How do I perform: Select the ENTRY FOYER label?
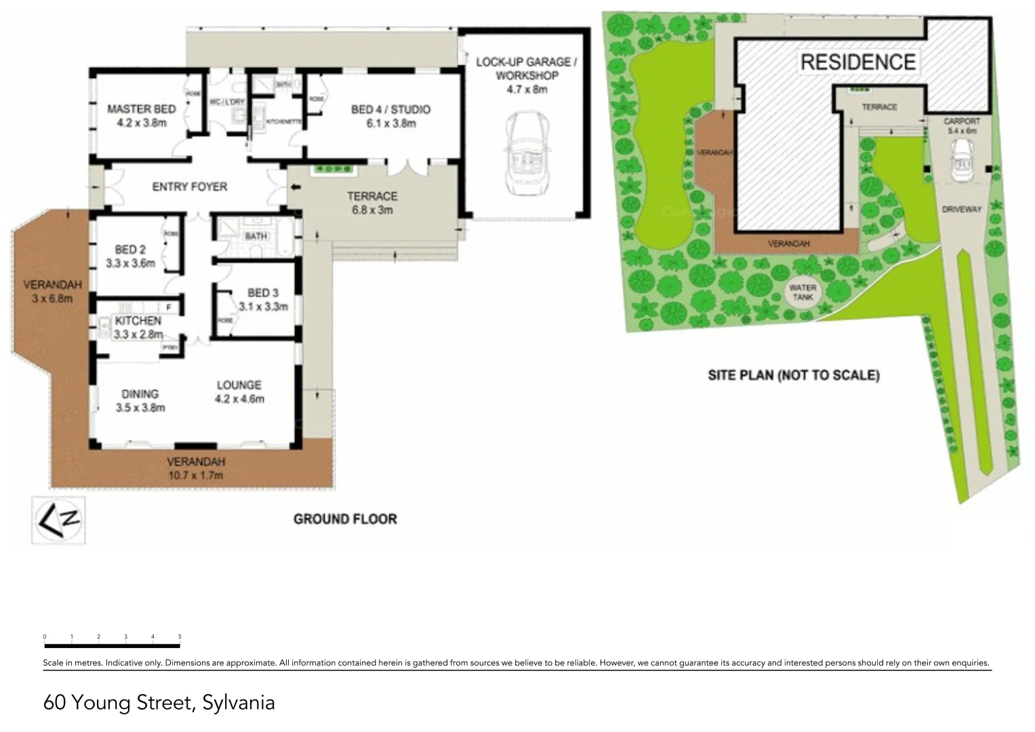(x=189, y=186)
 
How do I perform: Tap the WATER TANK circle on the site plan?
(x=803, y=293)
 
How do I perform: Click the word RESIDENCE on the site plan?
(x=858, y=62)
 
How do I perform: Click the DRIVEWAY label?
(x=961, y=209)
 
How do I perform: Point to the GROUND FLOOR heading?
(x=345, y=519)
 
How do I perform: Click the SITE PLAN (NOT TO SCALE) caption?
(x=794, y=375)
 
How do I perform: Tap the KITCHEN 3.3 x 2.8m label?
(x=138, y=327)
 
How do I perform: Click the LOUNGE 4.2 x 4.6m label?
(x=239, y=392)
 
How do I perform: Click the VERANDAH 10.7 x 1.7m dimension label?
(x=196, y=468)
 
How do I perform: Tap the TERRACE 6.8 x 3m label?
(x=372, y=203)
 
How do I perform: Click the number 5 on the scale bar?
(x=180, y=636)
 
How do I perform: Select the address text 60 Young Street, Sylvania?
(x=159, y=702)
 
